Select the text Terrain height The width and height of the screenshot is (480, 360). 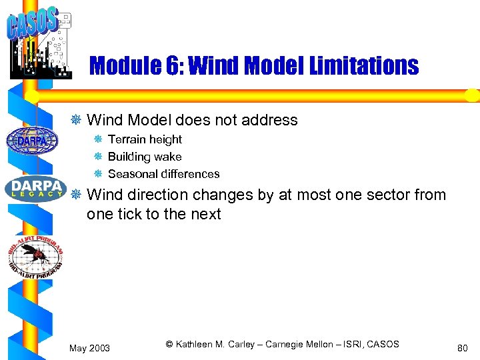tap(145, 139)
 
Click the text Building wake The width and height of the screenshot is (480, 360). tap(145, 157)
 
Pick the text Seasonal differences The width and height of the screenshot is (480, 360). tap(163, 174)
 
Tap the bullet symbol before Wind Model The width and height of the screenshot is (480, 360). tap(77, 120)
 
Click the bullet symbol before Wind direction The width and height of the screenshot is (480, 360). tap(77, 195)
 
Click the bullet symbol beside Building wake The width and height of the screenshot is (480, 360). tap(97, 157)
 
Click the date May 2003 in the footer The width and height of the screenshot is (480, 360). tap(90, 348)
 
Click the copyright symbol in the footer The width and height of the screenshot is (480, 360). tap(169, 344)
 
